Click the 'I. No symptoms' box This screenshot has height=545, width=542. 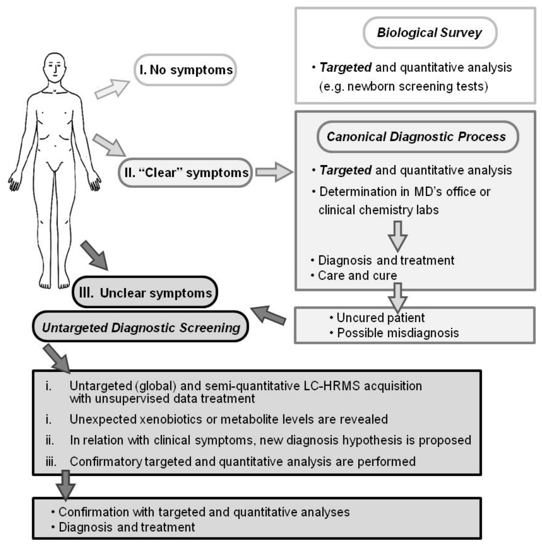pos(185,70)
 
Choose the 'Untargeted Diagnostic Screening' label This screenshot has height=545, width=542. pos(141,327)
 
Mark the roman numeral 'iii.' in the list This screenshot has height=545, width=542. pos(51,462)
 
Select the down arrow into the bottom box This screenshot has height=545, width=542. pos(66,485)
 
